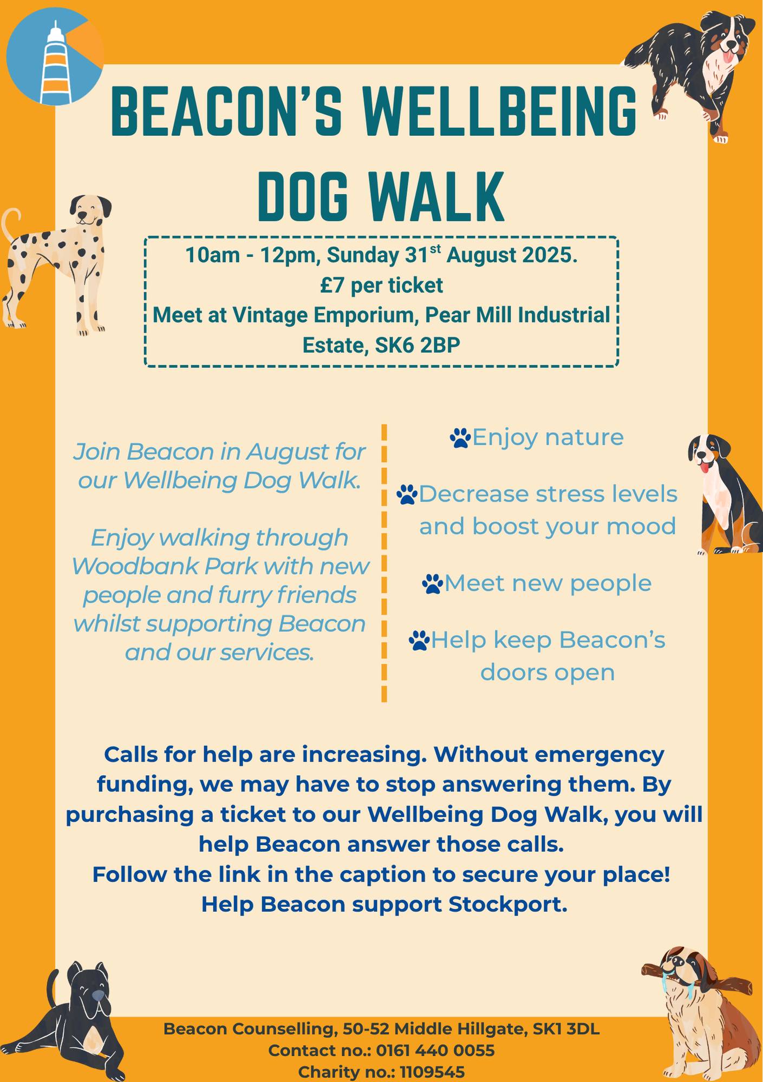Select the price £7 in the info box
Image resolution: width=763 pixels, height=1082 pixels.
point(332,285)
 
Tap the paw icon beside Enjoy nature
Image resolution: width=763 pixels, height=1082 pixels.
point(460,438)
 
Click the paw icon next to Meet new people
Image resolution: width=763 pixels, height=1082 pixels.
point(432,584)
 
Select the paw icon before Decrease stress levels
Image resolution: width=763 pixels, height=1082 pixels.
point(407,494)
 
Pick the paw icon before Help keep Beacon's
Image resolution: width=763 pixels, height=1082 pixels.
point(419,641)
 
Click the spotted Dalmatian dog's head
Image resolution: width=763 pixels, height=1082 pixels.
point(90,211)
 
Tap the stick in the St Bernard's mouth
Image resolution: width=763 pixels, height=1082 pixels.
point(696,979)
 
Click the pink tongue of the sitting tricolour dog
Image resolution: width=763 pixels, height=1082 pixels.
point(705,467)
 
